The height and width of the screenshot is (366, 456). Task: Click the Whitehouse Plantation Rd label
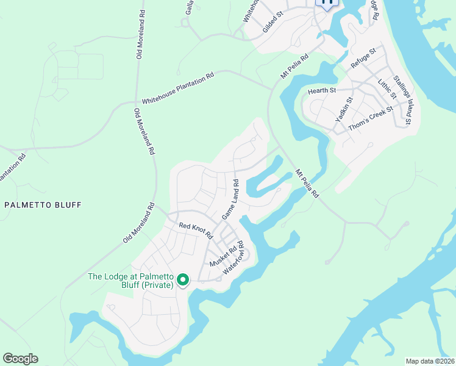pos(178,89)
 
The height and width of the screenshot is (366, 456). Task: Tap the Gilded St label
pos(273,21)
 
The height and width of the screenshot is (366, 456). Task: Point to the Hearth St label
pos(322,91)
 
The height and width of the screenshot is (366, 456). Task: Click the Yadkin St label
pos(344,110)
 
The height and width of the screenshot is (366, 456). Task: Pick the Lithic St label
pos(387,88)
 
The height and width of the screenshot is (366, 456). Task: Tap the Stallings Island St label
pos(402,100)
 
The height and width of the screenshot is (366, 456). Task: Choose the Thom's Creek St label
pos(371,119)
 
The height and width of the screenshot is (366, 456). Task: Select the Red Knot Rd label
pos(195,231)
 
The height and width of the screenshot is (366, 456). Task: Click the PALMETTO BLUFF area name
pos(43,205)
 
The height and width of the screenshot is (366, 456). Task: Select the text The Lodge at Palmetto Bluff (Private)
pos(131,281)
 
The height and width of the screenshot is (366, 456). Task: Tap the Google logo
pos(20,359)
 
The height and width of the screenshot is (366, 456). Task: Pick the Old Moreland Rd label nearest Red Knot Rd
pos(139,223)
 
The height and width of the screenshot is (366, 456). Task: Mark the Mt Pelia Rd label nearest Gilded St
pos(294,65)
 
